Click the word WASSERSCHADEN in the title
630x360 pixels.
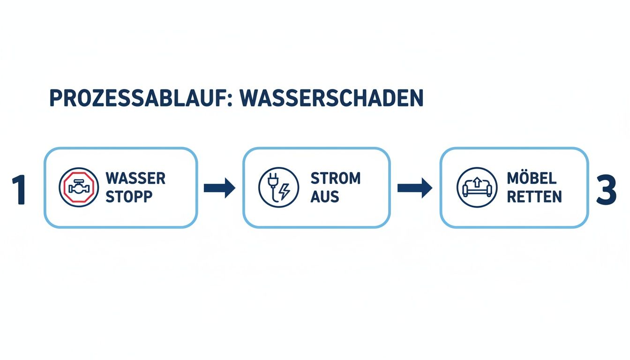click(331, 98)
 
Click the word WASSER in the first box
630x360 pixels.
click(135, 179)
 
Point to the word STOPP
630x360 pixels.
click(129, 197)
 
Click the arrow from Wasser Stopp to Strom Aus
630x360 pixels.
click(219, 188)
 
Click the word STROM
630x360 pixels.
click(335, 179)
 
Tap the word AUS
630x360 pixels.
click(324, 197)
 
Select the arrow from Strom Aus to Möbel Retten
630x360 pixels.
click(414, 188)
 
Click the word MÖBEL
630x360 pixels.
click(532, 179)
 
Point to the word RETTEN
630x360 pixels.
click(534, 197)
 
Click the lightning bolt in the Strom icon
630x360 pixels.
click(284, 192)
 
